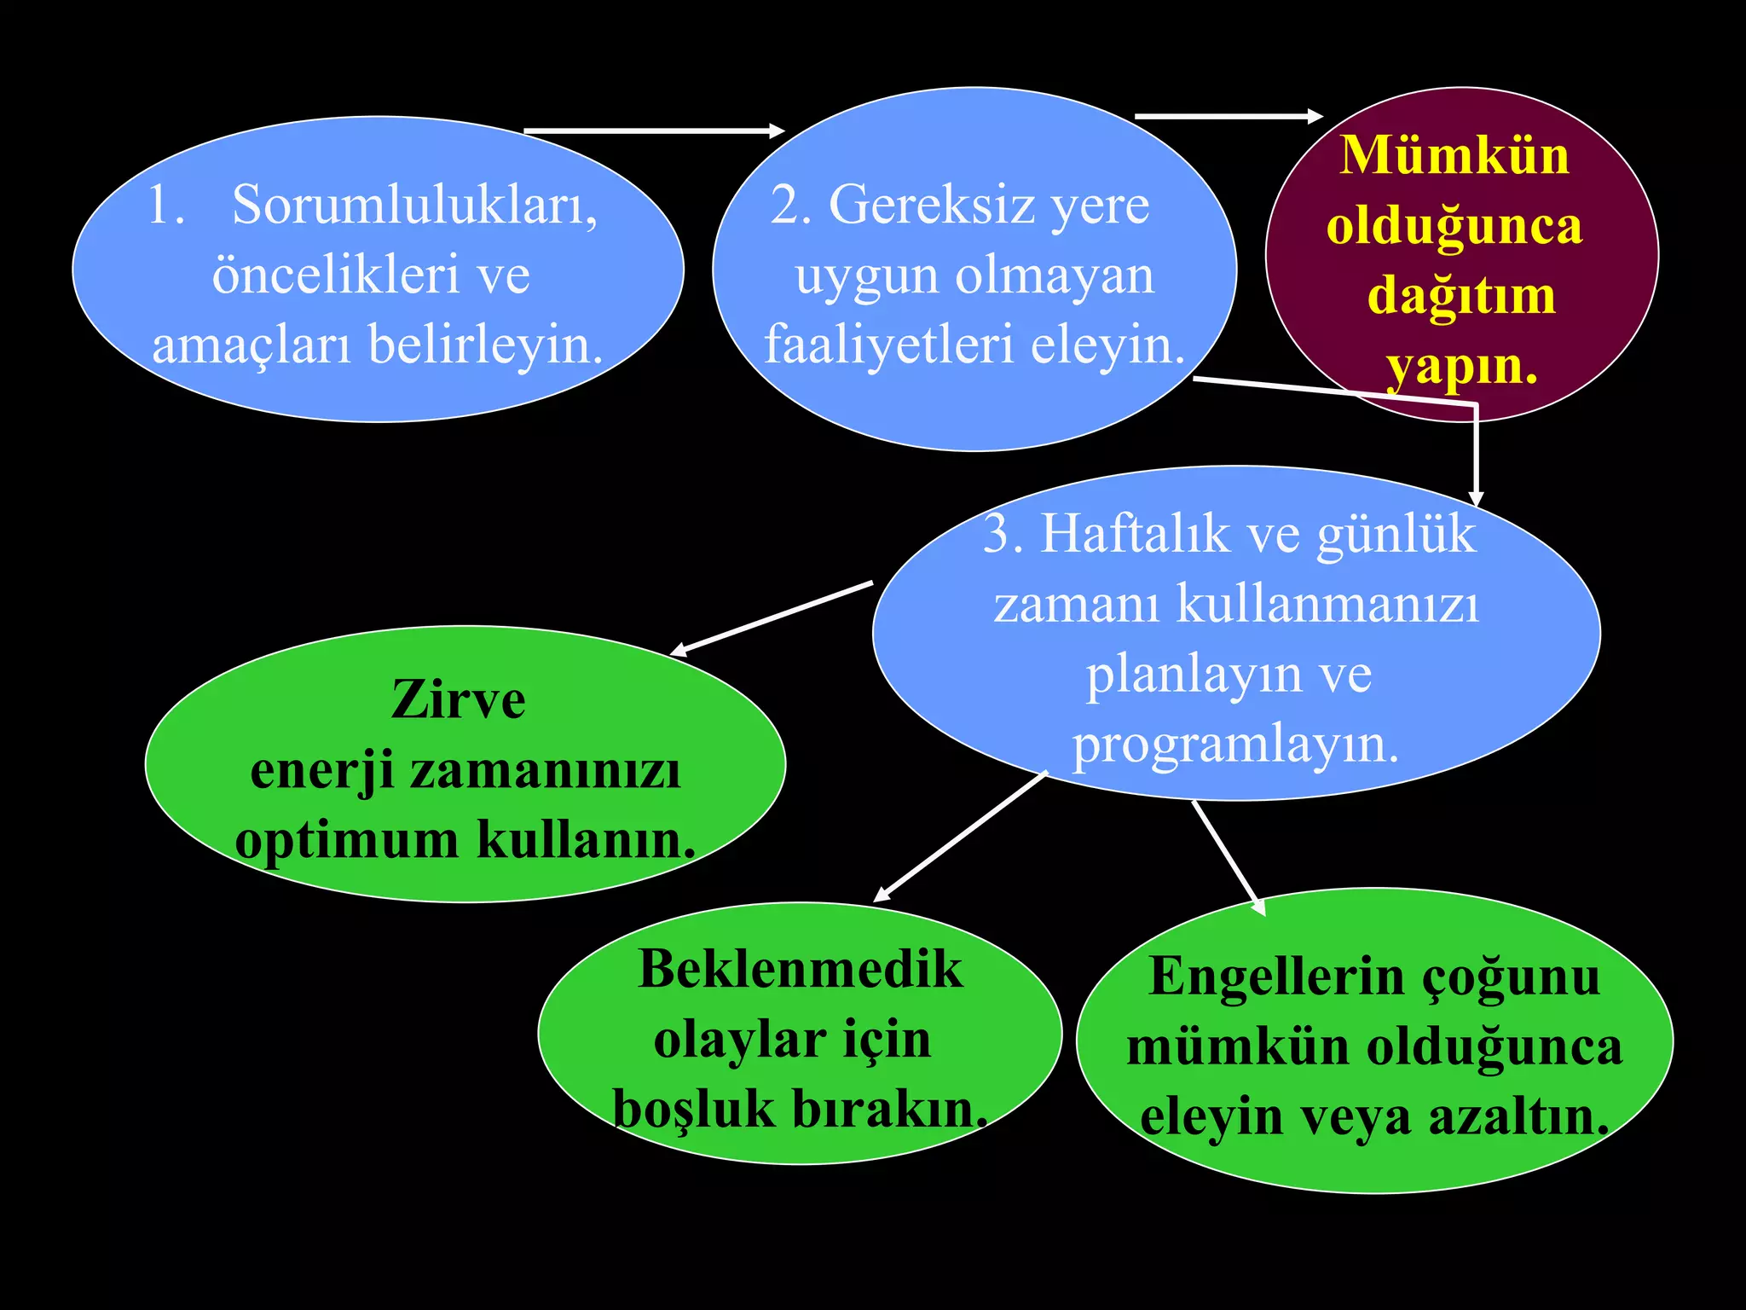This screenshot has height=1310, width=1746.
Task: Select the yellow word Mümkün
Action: click(1454, 156)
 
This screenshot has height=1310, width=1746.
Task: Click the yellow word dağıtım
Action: click(1461, 297)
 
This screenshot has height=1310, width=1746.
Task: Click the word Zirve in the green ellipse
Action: click(459, 700)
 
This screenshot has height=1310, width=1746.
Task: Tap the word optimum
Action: click(346, 840)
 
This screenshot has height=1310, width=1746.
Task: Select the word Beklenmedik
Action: click(800, 970)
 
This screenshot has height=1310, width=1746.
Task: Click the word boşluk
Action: click(692, 1110)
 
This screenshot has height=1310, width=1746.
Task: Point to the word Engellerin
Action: click(1275, 977)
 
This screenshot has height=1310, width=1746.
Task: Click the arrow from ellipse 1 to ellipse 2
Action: click(653, 130)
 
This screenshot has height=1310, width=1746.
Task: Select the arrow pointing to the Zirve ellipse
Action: click(772, 618)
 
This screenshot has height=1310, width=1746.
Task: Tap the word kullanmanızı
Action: click(1328, 605)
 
